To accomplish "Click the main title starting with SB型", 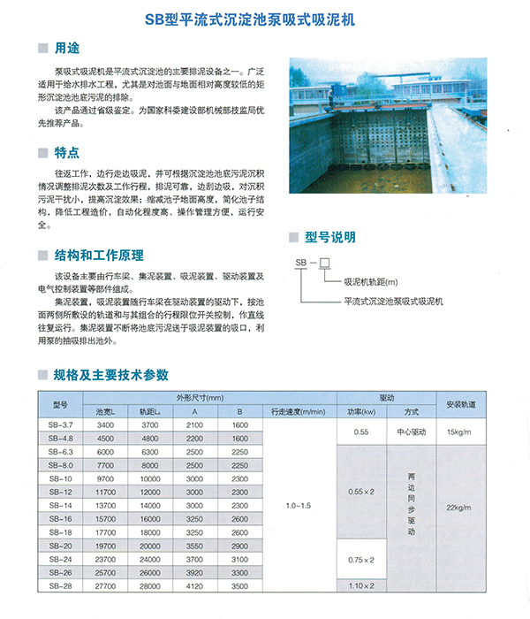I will point(264,17).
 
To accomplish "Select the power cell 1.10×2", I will point(361,585).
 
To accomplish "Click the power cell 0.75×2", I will point(361,560).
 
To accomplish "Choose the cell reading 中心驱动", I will point(412,432).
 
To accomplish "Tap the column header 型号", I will point(60,404).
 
